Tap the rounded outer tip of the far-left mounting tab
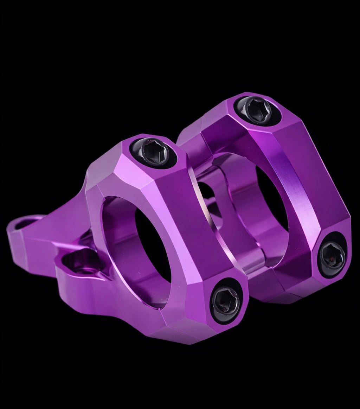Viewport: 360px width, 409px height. pos(11,232)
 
